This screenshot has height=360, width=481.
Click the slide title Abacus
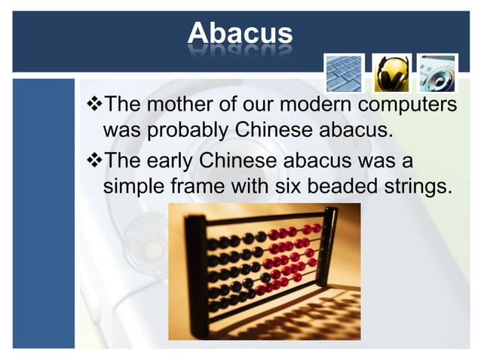pyautogui.click(x=240, y=33)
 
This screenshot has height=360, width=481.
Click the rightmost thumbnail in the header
pyautogui.click(x=438, y=73)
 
